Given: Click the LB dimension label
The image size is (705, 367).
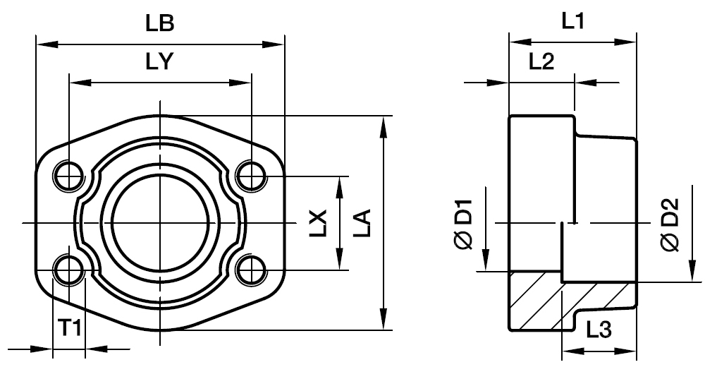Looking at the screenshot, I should [x=160, y=23].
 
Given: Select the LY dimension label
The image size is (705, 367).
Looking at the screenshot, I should [x=160, y=63].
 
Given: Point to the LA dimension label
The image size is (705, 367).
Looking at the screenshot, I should [x=361, y=223].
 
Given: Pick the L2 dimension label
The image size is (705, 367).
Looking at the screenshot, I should [x=541, y=62].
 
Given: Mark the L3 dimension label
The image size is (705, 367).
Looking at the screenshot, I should [x=598, y=328].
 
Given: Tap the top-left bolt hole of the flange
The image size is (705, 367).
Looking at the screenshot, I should [x=69, y=175].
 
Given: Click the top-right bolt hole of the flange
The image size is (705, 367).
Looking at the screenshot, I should [x=251, y=175].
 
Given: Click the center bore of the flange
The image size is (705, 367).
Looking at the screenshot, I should [x=160, y=223].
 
